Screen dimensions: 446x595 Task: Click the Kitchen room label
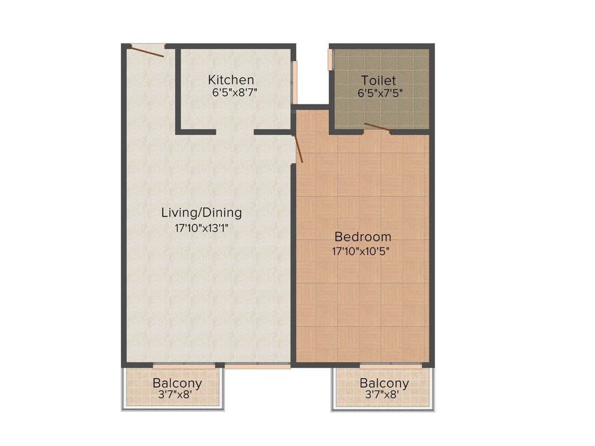tap(231, 80)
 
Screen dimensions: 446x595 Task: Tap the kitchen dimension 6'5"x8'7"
tap(233, 92)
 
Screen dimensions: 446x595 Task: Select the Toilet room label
tap(378, 80)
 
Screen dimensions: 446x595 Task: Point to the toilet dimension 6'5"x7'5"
tap(381, 92)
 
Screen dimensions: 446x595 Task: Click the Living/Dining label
tap(201, 213)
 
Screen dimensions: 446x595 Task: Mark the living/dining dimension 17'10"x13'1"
tap(201, 228)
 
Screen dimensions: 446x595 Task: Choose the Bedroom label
tap(363, 237)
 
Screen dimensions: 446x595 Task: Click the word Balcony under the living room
tap(177, 383)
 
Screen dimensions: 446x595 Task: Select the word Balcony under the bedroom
tap(383, 383)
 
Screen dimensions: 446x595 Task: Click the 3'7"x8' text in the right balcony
tap(381, 394)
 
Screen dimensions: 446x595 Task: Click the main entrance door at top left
tap(148, 51)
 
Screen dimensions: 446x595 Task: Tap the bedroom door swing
tap(299, 148)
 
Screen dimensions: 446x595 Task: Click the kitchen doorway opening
tap(235, 132)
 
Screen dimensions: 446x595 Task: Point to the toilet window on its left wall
tap(331, 59)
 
